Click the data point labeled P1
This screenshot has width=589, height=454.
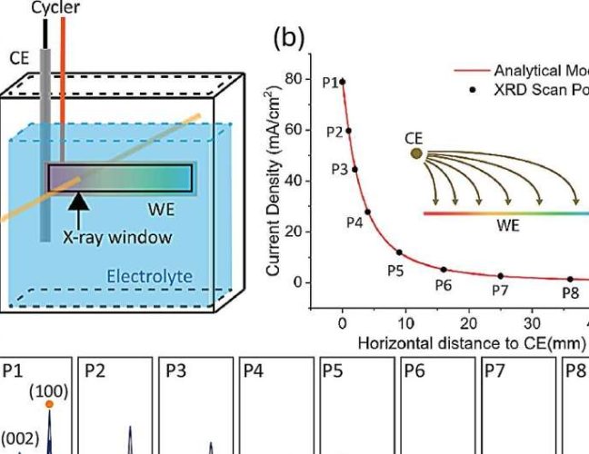(x=343, y=81)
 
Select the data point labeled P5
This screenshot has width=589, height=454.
(x=399, y=252)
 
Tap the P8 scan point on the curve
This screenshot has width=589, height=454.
(x=571, y=279)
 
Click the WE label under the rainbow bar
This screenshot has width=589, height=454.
(x=508, y=226)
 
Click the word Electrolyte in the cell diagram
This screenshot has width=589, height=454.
(x=144, y=275)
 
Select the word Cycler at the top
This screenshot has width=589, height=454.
(x=54, y=6)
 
